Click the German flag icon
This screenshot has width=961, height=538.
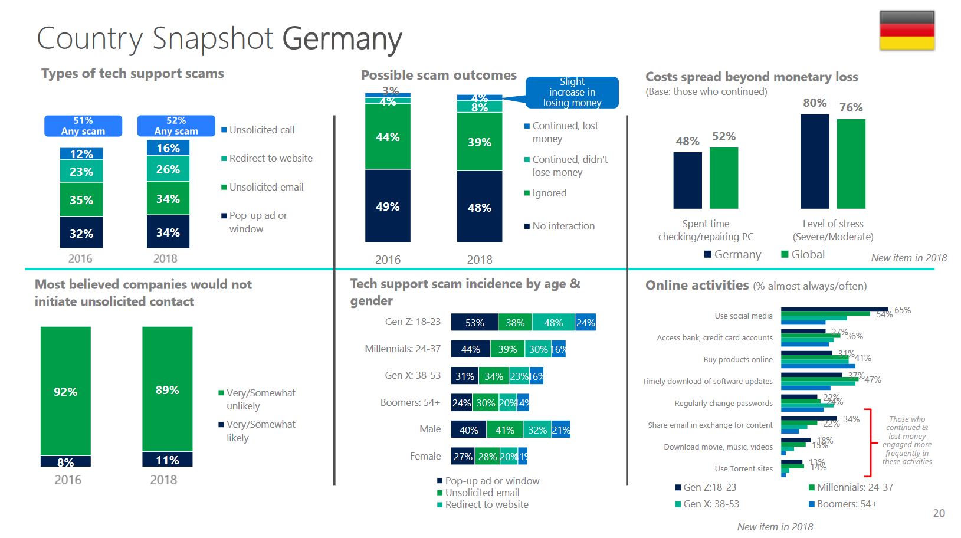click(907, 31)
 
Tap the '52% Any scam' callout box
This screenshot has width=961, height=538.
click(176, 126)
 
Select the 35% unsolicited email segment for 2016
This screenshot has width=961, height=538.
click(81, 199)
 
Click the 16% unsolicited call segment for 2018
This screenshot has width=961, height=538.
click(168, 147)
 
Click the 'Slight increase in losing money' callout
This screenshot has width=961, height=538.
click(572, 92)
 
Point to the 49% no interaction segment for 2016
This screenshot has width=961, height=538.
click(388, 206)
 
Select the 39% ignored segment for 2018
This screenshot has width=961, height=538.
click(479, 142)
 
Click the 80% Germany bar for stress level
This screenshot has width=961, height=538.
click(815, 161)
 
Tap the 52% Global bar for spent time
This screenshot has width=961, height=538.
click(724, 178)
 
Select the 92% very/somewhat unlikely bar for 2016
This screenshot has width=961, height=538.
click(65, 391)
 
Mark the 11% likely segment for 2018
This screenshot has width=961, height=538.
click(167, 460)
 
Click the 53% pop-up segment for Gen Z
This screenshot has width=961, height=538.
click(474, 322)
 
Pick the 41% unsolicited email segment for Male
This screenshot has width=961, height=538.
click(504, 429)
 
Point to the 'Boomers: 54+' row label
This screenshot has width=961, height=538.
click(410, 402)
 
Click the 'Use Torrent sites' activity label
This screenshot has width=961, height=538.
click(743, 468)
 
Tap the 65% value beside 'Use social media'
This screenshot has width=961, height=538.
click(903, 310)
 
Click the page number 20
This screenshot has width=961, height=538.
click(939, 513)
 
